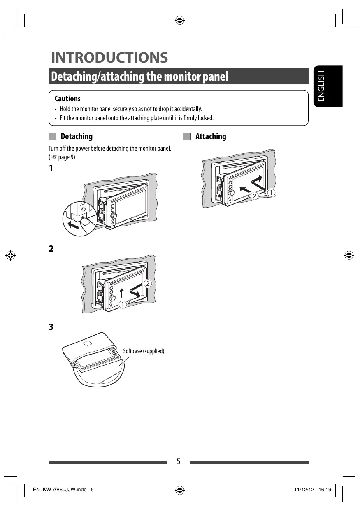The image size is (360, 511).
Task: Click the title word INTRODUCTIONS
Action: tap(109, 58)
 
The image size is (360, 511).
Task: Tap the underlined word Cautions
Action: tap(67, 98)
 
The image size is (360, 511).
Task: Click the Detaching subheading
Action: tap(76, 136)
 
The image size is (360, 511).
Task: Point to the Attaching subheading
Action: tap(211, 136)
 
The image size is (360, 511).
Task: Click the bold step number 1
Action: tap(51, 168)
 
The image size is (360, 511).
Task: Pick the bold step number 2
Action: tap(51, 249)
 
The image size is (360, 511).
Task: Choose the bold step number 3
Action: tap(51, 327)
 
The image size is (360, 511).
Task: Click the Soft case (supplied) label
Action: tap(144, 351)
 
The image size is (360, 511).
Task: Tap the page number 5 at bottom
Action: tap(179, 461)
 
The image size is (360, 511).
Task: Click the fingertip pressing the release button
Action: tap(87, 223)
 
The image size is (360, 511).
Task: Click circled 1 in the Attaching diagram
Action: tap(271, 193)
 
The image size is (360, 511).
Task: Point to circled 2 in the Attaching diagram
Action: tap(255, 196)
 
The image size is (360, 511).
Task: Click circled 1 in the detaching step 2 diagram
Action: tap(123, 305)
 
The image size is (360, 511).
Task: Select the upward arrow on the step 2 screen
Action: tap(122, 294)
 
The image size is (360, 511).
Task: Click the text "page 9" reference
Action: tap(67, 157)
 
